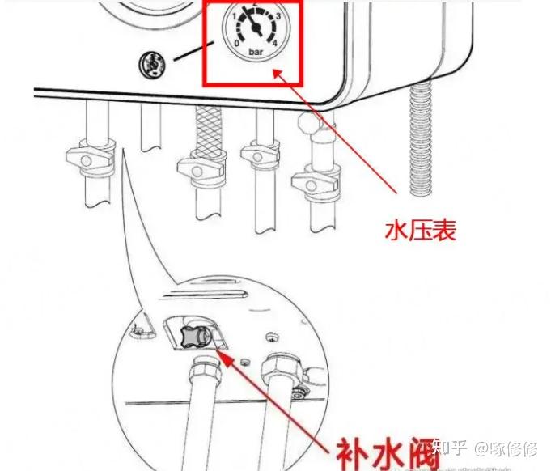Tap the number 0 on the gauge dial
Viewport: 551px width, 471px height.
[236, 43]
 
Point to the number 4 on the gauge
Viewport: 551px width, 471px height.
[275, 42]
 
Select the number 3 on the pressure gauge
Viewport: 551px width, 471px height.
[278, 16]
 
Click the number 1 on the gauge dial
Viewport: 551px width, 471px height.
[234, 17]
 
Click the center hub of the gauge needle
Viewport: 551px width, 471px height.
[256, 29]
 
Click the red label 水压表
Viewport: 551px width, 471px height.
[421, 231]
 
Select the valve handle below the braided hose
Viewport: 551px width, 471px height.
[199, 168]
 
